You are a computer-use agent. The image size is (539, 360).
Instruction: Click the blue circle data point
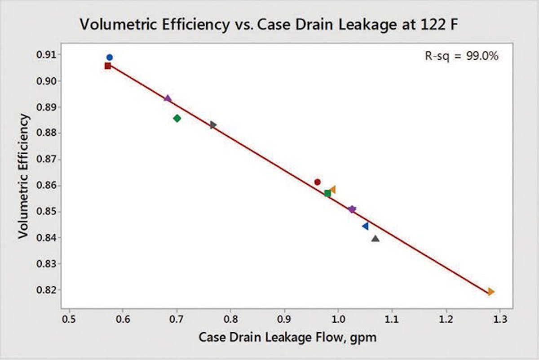(110, 57)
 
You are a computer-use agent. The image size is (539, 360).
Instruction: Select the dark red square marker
(108, 66)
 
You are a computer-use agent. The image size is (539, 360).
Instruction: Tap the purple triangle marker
(168, 98)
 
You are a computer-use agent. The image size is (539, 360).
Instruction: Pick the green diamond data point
(177, 118)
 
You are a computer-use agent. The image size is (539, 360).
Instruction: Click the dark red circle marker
(318, 182)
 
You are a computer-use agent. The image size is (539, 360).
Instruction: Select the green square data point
(327, 193)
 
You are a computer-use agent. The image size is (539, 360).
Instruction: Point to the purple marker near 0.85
(352, 209)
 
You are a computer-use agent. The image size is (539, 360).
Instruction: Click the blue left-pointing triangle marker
(365, 226)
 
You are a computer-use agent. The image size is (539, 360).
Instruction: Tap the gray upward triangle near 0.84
(376, 238)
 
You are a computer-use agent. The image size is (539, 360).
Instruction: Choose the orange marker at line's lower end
(491, 292)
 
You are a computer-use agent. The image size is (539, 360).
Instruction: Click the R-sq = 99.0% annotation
(461, 56)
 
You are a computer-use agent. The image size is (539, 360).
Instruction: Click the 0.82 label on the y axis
(47, 290)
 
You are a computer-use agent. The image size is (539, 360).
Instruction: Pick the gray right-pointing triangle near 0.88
(213, 124)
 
